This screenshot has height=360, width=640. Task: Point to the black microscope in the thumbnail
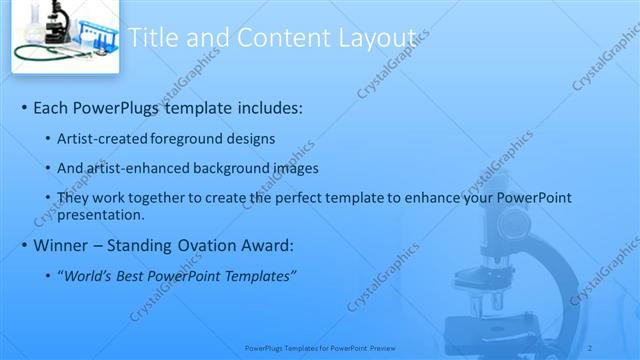(x=54, y=21)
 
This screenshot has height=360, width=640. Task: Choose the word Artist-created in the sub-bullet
(x=102, y=138)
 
